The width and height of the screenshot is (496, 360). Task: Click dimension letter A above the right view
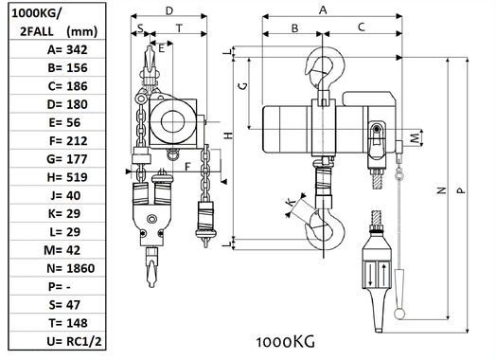tap(325, 10)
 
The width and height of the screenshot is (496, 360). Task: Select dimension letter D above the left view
tap(168, 10)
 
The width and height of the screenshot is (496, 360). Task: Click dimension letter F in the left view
tap(187, 166)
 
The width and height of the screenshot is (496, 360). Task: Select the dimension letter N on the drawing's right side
tap(442, 190)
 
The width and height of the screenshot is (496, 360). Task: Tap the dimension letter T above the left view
tap(179, 29)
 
